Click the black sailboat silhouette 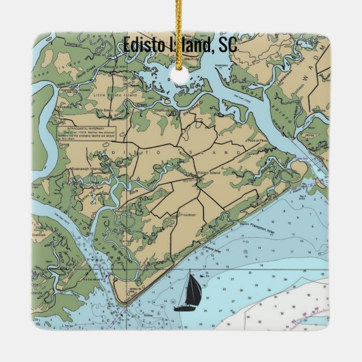tap(188, 293)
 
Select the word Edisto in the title tap(143, 44)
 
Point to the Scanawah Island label tap(85, 168)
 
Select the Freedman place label tap(187, 214)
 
